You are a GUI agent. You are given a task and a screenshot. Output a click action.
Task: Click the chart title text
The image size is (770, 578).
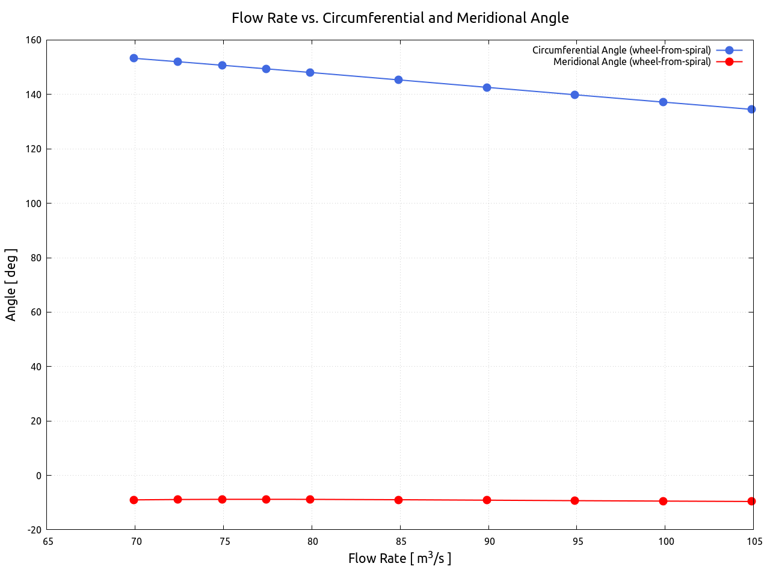(400, 18)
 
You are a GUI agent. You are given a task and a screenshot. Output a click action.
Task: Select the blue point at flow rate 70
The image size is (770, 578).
(134, 58)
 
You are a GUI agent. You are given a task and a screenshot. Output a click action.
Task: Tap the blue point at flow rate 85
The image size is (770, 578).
(398, 79)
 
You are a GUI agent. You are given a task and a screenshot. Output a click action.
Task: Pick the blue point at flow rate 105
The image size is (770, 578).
(751, 109)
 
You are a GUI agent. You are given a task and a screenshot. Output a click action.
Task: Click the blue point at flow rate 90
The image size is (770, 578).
(487, 87)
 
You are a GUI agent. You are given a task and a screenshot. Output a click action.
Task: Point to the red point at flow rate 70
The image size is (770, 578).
(134, 500)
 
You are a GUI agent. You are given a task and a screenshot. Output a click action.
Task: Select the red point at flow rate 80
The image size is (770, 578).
(310, 499)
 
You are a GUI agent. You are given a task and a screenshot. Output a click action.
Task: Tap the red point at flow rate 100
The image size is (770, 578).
(663, 501)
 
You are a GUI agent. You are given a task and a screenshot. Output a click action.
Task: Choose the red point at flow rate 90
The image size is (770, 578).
(487, 500)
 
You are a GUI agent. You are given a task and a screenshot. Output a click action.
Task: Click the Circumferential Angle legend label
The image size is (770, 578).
(621, 51)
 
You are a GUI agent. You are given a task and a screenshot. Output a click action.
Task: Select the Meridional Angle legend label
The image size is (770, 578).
(632, 62)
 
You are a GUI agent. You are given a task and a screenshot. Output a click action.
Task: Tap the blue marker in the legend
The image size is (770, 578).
(729, 51)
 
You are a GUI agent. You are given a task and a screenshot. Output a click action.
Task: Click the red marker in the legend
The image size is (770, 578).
(729, 61)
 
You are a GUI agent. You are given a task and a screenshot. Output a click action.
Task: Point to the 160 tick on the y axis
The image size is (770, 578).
(34, 40)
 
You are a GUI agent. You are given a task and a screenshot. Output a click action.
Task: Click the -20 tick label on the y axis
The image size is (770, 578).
(34, 530)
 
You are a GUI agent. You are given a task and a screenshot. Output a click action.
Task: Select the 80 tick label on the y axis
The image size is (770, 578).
(37, 258)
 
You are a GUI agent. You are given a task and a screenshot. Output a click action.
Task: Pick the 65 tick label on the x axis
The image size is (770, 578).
(48, 541)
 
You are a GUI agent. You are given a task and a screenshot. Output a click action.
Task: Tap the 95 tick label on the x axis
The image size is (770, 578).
(578, 541)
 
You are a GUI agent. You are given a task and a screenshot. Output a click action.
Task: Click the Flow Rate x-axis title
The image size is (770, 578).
(399, 558)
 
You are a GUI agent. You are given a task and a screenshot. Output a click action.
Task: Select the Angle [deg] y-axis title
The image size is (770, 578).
(11, 285)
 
